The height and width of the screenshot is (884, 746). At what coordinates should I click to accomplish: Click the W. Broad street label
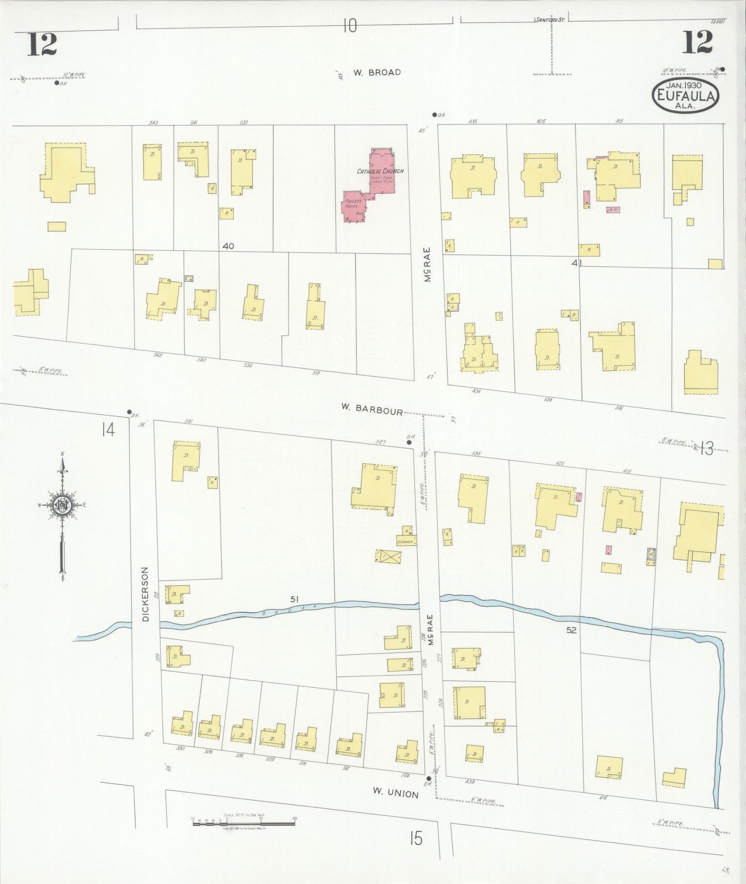[377, 73]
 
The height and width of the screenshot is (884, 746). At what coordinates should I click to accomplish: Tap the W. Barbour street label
[371, 408]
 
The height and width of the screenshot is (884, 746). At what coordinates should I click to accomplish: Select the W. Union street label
[396, 793]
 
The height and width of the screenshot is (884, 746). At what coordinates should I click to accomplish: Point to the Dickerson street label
[146, 594]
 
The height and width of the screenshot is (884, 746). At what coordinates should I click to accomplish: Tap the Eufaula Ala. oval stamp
[685, 95]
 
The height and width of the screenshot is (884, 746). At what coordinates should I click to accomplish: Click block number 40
[228, 246]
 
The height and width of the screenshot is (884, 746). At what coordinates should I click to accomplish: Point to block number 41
[577, 263]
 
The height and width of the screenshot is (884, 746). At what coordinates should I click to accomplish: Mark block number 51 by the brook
[294, 599]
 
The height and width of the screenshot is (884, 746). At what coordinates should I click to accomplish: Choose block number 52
[570, 630]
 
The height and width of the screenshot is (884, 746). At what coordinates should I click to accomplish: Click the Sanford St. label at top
[550, 20]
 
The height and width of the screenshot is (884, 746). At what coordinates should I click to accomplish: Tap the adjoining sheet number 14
[107, 429]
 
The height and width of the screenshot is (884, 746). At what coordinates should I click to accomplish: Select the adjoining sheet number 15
[416, 839]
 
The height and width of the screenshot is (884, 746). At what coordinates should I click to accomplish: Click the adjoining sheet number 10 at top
[350, 25]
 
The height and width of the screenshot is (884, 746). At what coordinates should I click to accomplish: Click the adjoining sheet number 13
[706, 449]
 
